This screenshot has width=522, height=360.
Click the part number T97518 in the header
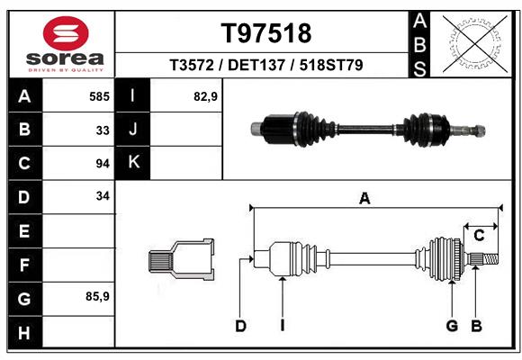tap(265, 33)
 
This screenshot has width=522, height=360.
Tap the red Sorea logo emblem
tap(66, 35)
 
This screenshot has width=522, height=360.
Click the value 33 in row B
tap(102, 130)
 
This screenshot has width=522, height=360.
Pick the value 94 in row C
tap(102, 164)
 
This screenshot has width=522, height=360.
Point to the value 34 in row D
tap(102, 195)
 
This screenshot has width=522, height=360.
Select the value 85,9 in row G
tap(97, 296)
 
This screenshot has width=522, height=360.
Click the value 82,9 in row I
tap(205, 96)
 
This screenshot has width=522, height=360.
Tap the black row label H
tap(24, 334)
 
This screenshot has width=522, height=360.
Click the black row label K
tap(134, 163)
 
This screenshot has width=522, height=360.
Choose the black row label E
tap(24, 231)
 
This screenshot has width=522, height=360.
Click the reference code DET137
tap(265, 66)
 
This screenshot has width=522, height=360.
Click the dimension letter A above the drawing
tap(364, 199)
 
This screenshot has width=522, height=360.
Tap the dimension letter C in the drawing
tap(480, 236)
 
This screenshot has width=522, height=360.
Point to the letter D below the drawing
tap(240, 326)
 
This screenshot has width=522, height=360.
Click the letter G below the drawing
tap(453, 326)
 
